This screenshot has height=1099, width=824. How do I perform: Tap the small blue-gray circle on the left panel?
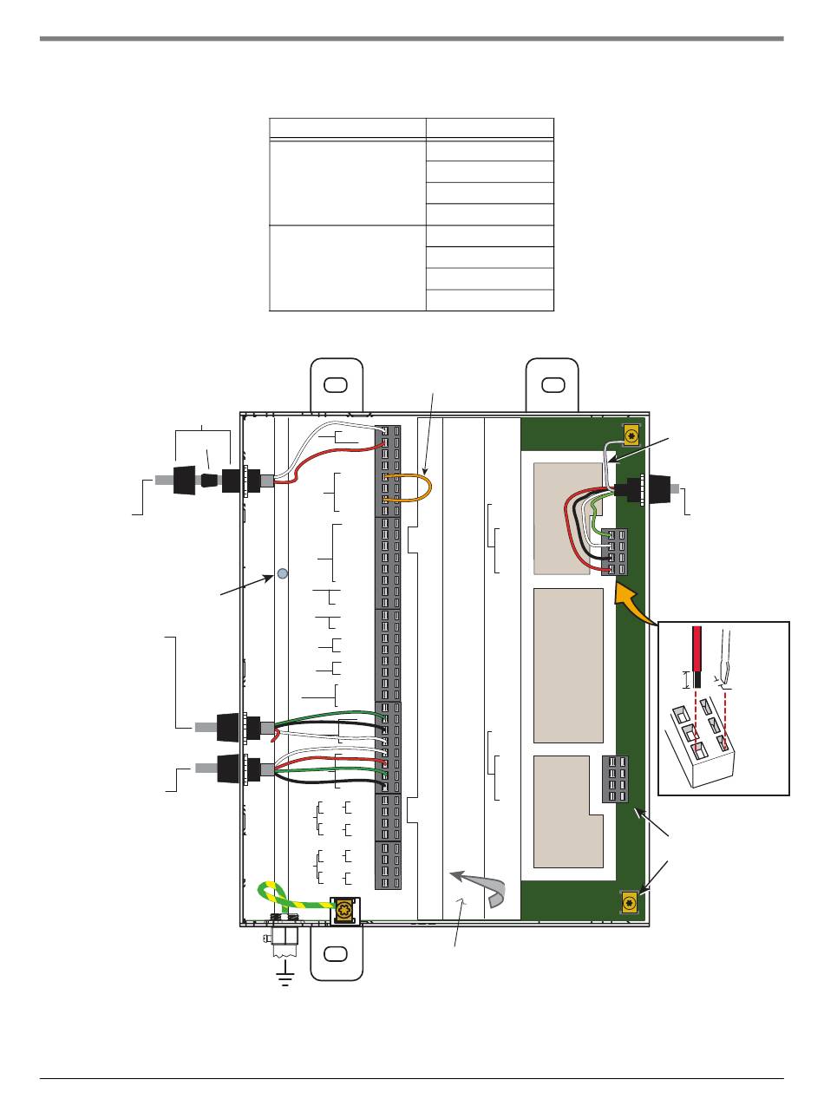tap(282, 573)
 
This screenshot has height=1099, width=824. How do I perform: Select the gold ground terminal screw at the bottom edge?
tap(346, 911)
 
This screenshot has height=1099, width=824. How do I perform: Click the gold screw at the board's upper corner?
tap(631, 435)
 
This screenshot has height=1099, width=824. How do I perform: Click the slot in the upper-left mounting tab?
tap(336, 384)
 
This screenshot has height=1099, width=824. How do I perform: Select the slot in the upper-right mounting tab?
tap(552, 384)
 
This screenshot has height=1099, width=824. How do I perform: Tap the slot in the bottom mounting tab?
tap(336, 954)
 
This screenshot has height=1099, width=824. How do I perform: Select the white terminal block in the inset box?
tap(702, 749)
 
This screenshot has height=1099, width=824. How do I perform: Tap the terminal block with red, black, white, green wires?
tap(615, 552)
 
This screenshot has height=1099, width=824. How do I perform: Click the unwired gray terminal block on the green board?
tap(615, 778)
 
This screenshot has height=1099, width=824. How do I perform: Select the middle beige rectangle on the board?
tap(567, 665)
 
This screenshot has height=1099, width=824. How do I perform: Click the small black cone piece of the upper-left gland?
tap(209, 481)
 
